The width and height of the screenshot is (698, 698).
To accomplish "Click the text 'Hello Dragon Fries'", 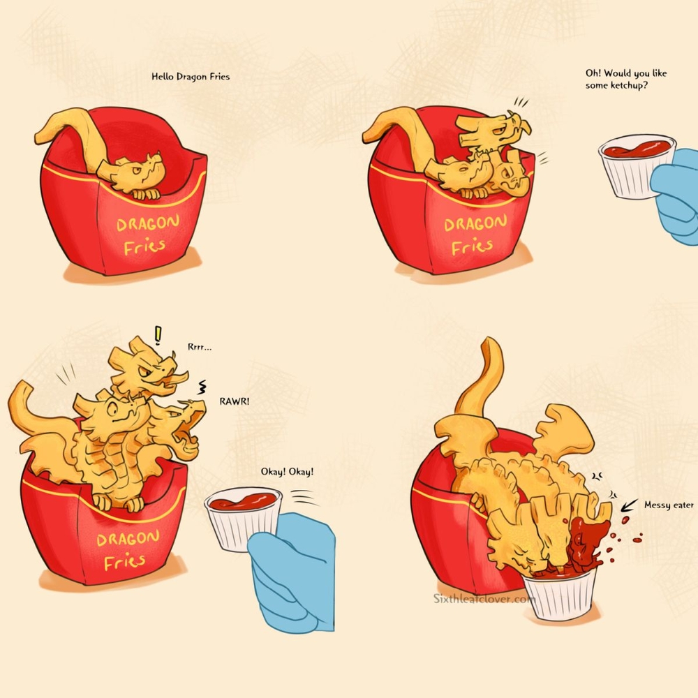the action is click(191, 77).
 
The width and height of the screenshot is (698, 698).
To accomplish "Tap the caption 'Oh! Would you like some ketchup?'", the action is click(626, 80).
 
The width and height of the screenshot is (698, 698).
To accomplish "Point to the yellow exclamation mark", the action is click(158, 335).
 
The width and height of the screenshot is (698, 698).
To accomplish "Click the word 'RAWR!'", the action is click(234, 401).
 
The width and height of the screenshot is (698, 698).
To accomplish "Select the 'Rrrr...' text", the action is click(200, 347).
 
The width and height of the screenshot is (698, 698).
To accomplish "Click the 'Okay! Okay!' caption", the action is click(287, 471).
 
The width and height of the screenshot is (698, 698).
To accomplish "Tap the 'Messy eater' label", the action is click(669, 505).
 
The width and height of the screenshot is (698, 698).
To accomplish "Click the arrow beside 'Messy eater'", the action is click(629, 505).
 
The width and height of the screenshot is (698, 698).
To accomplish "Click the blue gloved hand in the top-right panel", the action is click(676, 196).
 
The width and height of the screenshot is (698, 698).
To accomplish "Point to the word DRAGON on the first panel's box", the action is click(148, 223).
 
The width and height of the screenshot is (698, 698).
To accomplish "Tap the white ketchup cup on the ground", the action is click(560, 594).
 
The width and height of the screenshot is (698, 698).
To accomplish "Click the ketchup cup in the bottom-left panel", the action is click(243, 518).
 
